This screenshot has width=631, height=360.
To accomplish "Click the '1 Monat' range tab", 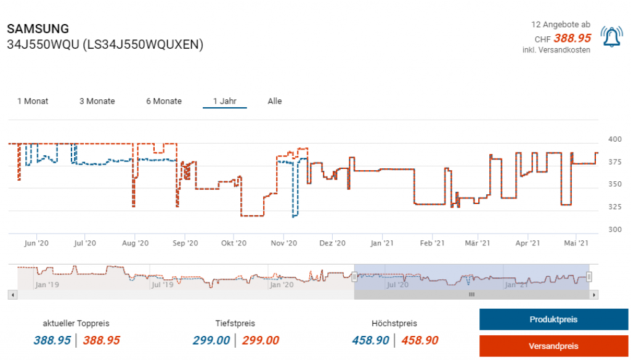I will [x=33, y=101].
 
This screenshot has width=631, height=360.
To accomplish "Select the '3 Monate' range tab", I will [x=97, y=101].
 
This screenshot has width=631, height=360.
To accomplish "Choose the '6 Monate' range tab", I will [x=164, y=101].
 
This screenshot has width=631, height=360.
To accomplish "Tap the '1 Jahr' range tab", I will [x=225, y=101].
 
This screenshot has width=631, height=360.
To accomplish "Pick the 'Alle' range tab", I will [x=275, y=101].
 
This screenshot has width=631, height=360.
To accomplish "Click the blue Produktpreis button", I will [x=553, y=319].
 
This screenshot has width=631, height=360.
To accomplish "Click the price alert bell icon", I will [x=611, y=38].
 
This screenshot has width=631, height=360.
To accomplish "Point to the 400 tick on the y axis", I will [x=615, y=139].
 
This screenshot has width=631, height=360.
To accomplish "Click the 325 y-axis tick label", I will [x=615, y=207].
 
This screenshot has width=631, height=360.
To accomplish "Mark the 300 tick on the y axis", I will [x=615, y=229].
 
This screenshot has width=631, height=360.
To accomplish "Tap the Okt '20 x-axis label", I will [x=234, y=243].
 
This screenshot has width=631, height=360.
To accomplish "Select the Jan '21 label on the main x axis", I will [x=382, y=243].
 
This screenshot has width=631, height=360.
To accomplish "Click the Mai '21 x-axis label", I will [x=576, y=243].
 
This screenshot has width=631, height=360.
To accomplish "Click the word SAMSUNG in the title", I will [x=38, y=29].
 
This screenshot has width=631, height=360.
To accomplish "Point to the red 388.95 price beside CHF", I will [x=572, y=38].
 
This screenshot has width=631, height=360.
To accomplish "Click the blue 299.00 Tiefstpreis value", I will [x=211, y=340].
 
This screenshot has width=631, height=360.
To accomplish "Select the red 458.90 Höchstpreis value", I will [x=420, y=340].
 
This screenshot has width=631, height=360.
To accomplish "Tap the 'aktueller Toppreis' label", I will [x=76, y=323].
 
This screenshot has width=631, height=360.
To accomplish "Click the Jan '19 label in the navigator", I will [x=47, y=285].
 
